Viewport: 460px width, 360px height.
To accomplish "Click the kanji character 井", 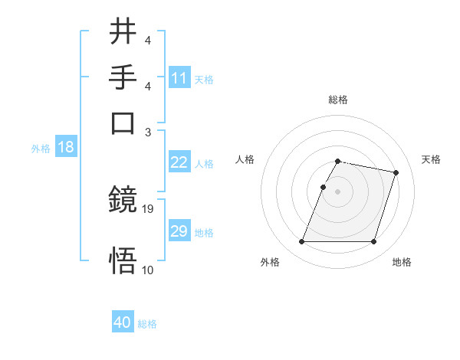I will click(x=123, y=32).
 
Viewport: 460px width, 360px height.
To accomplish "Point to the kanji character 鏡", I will click(x=123, y=201).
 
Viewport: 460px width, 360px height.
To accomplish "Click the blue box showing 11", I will click(x=179, y=78).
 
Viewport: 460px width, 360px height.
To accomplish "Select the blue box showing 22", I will click(x=179, y=162).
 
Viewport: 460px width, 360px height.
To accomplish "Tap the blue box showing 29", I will click(x=179, y=231).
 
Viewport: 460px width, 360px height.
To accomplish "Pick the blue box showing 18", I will click(x=65, y=148).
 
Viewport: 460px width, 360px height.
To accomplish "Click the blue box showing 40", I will click(x=123, y=322).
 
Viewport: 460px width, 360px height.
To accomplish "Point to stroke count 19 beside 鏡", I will click(x=148, y=208).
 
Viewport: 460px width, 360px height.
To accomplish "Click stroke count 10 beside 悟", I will click(x=148, y=270).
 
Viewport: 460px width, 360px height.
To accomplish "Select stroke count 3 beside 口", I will click(x=148, y=131).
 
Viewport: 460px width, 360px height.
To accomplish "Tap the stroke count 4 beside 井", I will click(x=147, y=40).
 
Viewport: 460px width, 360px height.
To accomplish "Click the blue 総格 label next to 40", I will click(x=147, y=324).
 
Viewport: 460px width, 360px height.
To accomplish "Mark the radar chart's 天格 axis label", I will click(x=431, y=159).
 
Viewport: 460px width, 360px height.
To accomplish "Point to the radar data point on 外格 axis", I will click(x=302, y=242).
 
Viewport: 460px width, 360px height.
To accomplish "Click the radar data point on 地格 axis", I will click(x=373, y=242).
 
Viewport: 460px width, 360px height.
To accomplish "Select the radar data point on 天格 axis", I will click(x=396, y=172).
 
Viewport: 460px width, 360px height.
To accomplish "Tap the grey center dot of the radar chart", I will click(x=338, y=191).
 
